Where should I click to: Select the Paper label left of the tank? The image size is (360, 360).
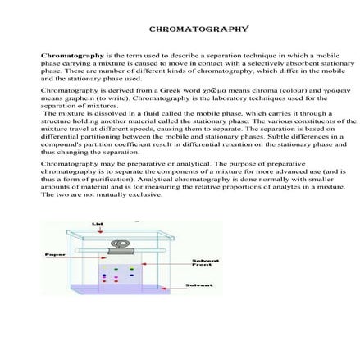pos(55,255)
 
